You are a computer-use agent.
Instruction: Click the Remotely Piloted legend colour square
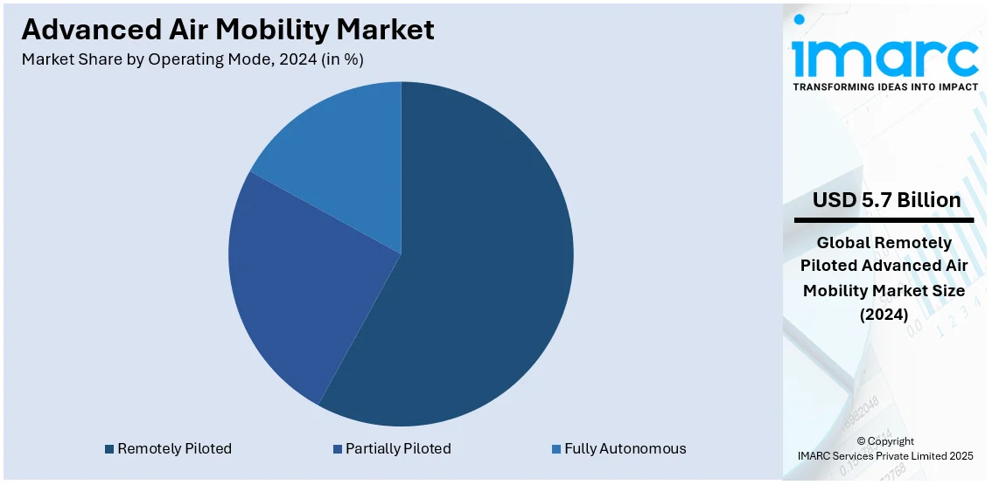109,449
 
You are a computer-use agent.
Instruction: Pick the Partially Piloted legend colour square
337,449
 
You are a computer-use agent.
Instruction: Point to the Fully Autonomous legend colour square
555,449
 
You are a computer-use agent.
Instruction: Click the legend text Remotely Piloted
174,449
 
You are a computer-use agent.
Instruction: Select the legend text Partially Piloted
398,449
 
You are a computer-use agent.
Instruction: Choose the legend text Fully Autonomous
625,449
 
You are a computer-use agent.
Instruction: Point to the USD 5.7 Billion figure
886,200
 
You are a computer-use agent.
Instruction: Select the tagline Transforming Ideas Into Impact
885,87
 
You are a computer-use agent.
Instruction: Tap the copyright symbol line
885,441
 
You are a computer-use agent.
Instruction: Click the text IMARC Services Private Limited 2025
885,455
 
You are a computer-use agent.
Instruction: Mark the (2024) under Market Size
885,314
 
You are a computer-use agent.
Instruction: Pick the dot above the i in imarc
799,19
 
